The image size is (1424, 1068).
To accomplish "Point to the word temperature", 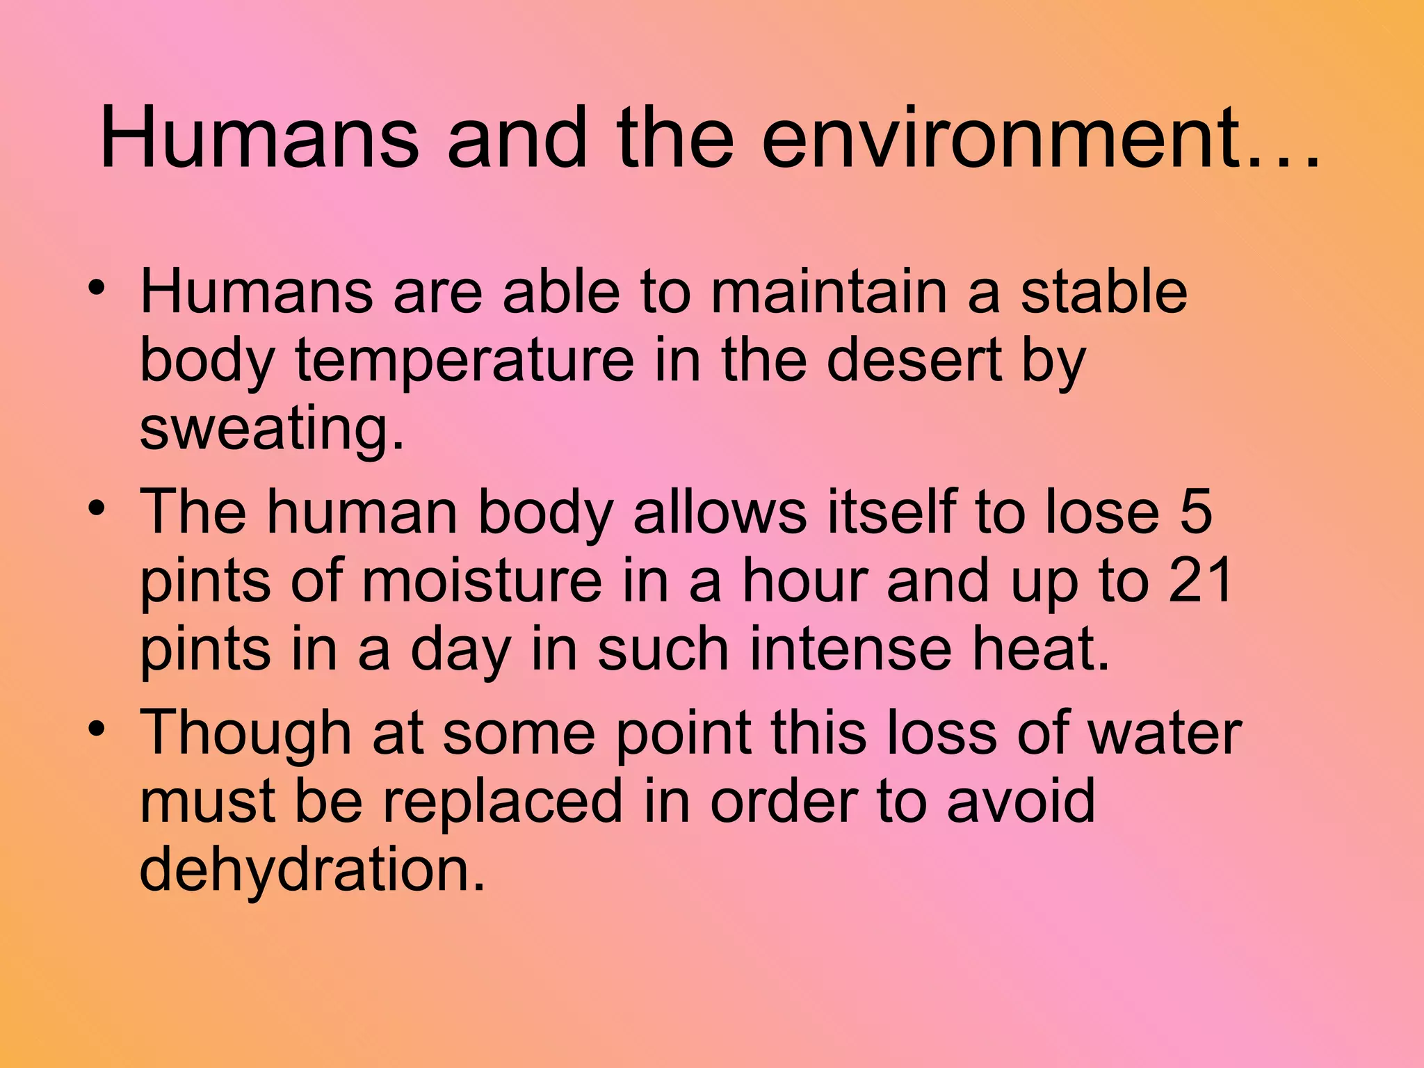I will click(x=464, y=361).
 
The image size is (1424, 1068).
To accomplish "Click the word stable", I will click(x=1103, y=291).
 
